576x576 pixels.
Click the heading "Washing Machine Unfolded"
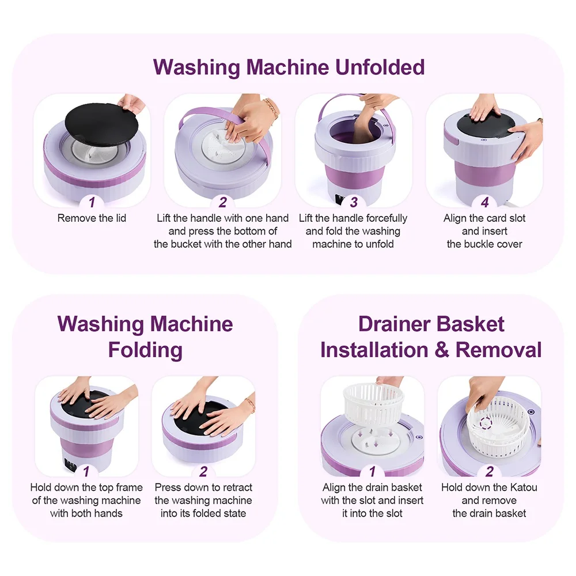click(x=289, y=67)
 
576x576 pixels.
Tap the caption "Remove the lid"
click(x=92, y=218)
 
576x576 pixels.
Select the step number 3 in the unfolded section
click(x=354, y=202)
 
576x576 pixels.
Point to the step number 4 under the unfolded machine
click(x=484, y=202)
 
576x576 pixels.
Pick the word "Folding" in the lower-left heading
click(x=145, y=350)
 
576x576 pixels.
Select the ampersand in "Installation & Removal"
click(x=442, y=350)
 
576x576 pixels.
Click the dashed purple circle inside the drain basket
click(x=485, y=423)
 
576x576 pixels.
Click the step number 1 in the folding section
click(x=86, y=471)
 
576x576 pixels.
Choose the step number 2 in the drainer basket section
click(x=489, y=471)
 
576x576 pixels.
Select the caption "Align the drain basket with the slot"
click(x=372, y=494)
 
